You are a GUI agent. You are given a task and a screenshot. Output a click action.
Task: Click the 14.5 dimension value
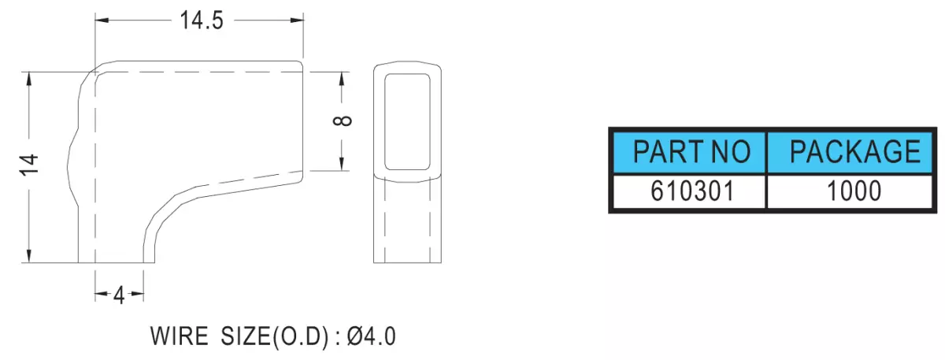tap(202, 20)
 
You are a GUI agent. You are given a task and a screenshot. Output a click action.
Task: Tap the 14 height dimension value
tap(29, 165)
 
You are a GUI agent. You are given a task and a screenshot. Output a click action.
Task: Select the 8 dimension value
tap(342, 121)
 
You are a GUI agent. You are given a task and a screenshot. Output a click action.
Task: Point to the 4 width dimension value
tap(120, 295)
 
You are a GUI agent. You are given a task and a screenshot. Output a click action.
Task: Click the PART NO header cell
tap(689, 152)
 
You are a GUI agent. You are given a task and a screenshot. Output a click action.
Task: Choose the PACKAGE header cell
tap(850, 152)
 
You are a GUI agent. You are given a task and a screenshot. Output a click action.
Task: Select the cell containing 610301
tap(689, 191)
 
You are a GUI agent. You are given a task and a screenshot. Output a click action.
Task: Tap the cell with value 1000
tap(850, 191)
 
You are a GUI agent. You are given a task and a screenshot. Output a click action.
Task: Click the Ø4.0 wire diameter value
tap(371, 336)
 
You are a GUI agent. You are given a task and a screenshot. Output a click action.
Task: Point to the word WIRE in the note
tap(179, 336)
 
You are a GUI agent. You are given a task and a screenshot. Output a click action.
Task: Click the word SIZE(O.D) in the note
tap(275, 337)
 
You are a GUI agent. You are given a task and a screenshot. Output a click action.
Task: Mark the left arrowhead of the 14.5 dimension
tap(102, 20)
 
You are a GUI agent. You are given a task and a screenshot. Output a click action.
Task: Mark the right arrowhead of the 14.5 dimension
tap(297, 20)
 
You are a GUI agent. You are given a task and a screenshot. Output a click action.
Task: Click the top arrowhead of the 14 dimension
tap(28, 80)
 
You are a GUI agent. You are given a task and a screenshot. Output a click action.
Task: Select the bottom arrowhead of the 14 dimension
tap(28, 255)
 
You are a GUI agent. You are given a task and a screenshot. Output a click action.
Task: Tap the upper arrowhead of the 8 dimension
tap(342, 80)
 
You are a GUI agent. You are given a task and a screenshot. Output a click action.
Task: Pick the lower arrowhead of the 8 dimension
tap(342, 163)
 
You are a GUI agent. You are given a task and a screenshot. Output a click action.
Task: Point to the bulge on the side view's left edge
tap(69, 167)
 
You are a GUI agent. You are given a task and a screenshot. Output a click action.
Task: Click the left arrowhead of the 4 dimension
tap(102, 294)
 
